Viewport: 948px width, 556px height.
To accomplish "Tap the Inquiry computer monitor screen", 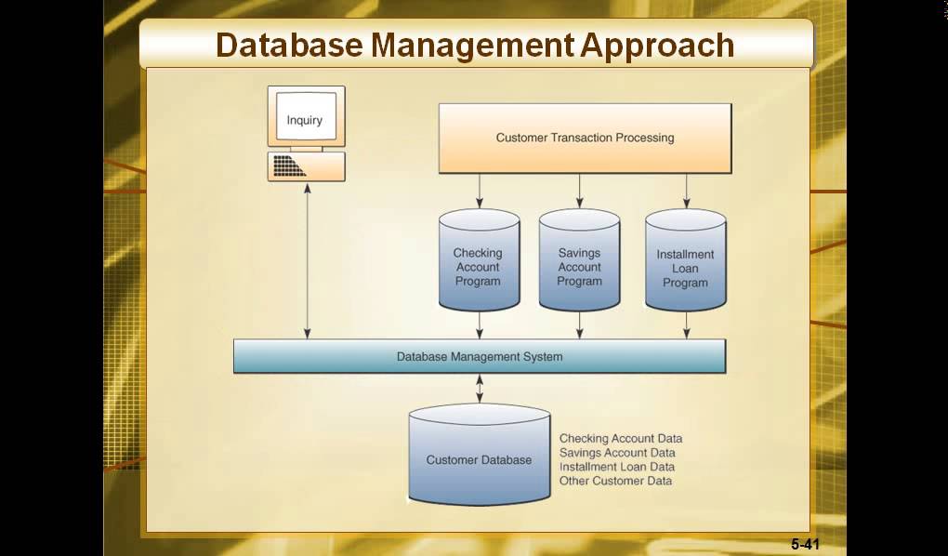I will (x=305, y=120).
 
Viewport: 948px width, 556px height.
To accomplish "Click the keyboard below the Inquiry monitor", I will (x=306, y=166).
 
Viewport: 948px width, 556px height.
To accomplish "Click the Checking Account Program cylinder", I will (x=478, y=264).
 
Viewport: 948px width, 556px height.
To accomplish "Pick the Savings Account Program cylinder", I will (x=579, y=264).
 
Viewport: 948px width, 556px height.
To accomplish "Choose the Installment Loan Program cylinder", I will (x=686, y=264).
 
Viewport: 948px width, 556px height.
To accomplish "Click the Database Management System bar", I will (x=479, y=356).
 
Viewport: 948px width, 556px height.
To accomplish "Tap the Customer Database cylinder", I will (x=479, y=459).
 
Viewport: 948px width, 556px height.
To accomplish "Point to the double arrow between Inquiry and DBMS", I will (x=308, y=260).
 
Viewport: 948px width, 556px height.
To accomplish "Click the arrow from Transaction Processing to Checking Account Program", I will (x=480, y=191).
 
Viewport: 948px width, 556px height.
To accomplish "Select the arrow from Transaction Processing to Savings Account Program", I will (x=580, y=191).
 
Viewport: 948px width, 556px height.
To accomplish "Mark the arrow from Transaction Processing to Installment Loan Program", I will (x=687, y=191).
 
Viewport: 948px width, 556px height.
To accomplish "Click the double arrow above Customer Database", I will (x=480, y=389).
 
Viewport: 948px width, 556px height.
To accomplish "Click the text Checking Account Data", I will (x=620, y=439).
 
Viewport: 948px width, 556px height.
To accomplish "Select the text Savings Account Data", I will (x=617, y=453).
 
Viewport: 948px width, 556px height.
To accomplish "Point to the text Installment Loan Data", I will (x=617, y=467).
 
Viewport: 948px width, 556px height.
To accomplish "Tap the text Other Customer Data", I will (x=615, y=481).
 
